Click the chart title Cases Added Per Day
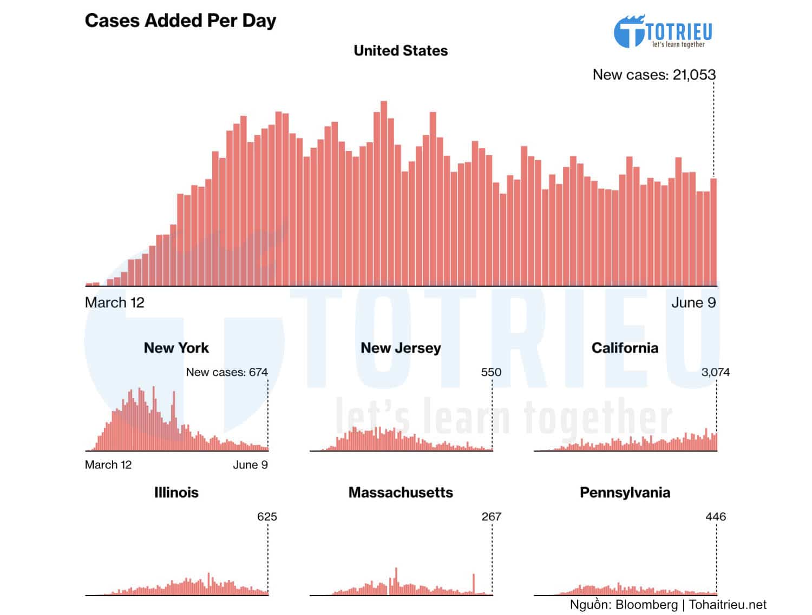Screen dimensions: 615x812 coord(180,21)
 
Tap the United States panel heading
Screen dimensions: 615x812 coord(401,51)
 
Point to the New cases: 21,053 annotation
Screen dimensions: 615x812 coord(654,75)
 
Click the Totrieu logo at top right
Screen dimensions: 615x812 coord(663,32)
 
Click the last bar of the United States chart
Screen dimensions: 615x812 coord(713,232)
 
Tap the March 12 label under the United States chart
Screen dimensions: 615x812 coord(115,303)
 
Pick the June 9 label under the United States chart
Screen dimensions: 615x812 coord(693,303)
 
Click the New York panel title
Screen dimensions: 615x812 coord(176,348)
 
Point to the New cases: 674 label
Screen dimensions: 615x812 coord(227,372)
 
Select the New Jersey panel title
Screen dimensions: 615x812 coord(401,348)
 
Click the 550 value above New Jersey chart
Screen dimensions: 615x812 coord(491,372)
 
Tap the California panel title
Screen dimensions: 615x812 coord(625,348)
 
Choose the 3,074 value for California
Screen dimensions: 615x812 coord(715,372)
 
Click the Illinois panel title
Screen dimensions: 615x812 coord(176,492)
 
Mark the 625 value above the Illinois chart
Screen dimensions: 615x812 coord(267,517)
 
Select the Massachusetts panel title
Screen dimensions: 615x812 coord(401,492)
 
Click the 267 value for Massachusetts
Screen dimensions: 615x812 coord(491,517)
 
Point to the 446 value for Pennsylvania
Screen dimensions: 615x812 coord(715,517)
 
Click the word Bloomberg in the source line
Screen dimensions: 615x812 coord(646,605)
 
